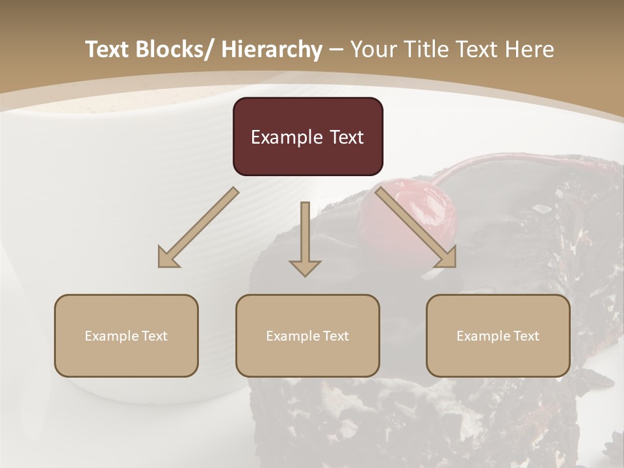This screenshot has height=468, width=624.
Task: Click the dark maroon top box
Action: (307, 136)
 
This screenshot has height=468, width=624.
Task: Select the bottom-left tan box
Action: (126, 335)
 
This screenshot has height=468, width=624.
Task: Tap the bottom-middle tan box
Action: (307, 335)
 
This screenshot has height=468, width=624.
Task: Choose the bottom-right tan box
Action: (498, 335)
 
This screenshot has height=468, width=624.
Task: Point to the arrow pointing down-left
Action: (198, 227)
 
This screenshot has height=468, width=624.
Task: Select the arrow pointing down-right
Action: (416, 227)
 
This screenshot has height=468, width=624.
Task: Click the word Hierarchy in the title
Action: (272, 49)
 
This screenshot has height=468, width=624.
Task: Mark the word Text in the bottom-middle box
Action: (337, 336)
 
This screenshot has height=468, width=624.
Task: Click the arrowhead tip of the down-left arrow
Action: (160, 266)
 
